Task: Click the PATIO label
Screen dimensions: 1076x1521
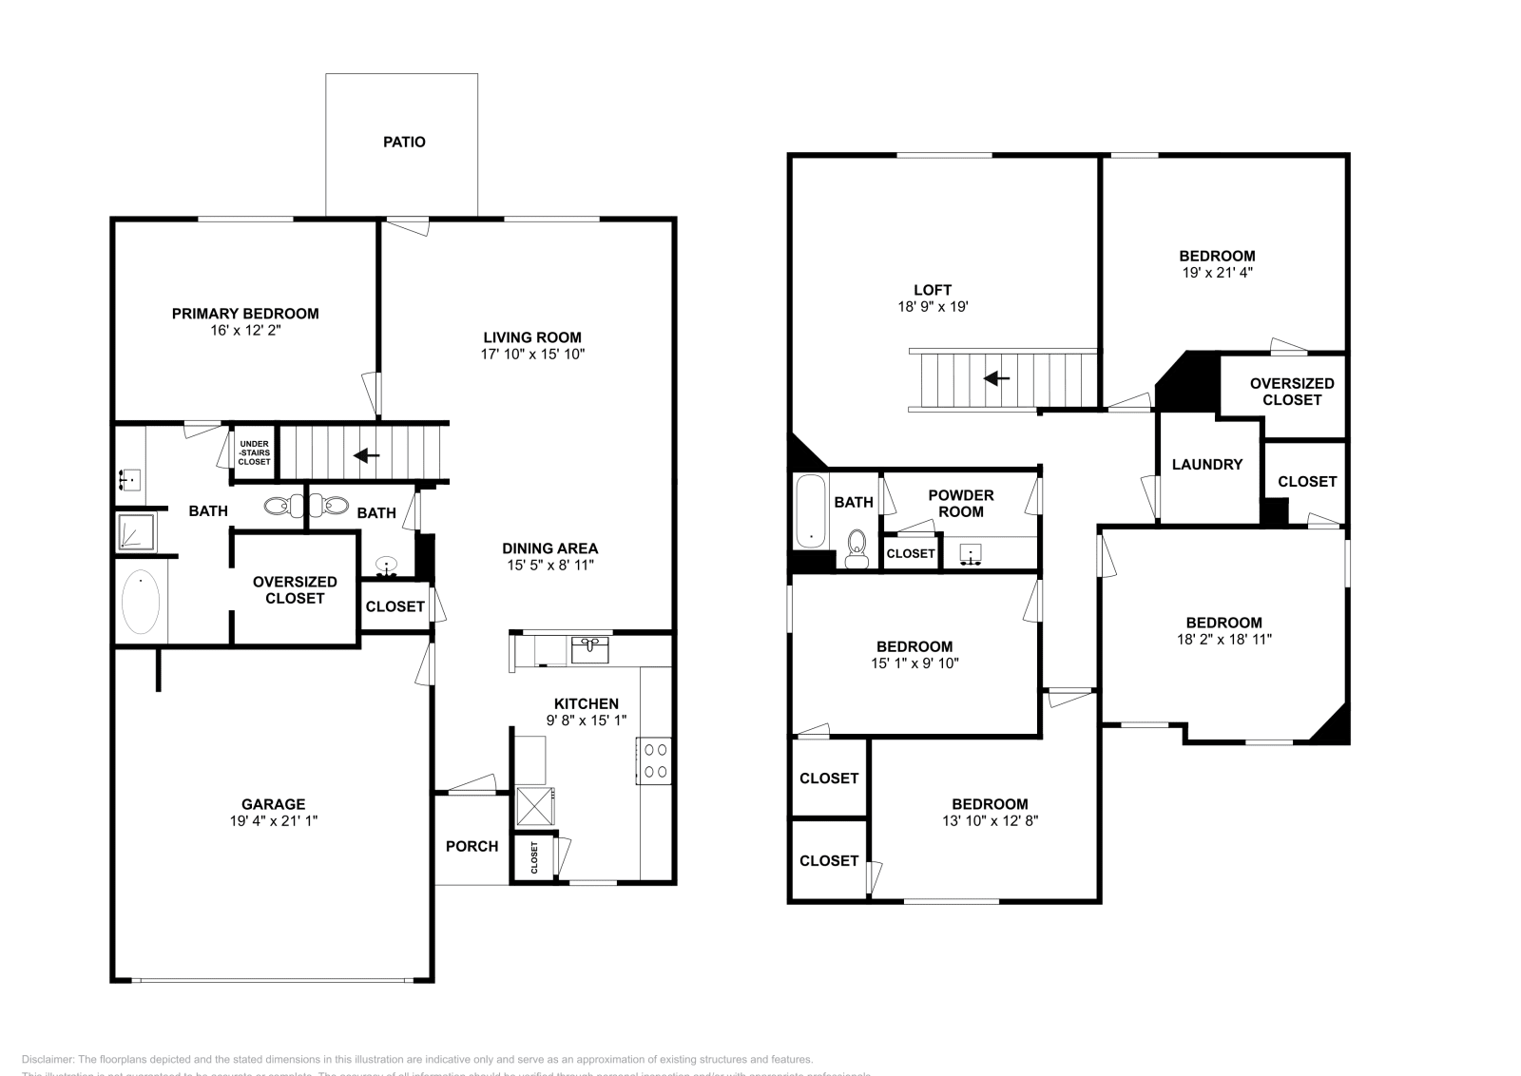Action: click(404, 143)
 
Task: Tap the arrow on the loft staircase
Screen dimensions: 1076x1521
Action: click(996, 378)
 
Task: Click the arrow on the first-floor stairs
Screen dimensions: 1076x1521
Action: click(367, 455)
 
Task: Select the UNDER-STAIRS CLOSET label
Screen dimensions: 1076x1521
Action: click(254, 452)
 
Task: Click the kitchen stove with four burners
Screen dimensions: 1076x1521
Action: click(654, 760)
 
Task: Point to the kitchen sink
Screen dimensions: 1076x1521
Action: click(590, 651)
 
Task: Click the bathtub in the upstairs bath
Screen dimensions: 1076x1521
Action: click(810, 511)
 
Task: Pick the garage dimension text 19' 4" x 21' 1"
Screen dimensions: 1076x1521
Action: click(272, 820)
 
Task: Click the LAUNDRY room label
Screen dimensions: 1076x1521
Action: click(1206, 465)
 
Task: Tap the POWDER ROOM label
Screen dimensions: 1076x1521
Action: click(960, 503)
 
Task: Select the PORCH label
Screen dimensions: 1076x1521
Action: click(472, 846)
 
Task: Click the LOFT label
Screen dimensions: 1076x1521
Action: click(932, 290)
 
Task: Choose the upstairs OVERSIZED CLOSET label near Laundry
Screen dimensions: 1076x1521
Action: click(1291, 392)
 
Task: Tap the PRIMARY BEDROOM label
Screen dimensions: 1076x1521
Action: click(244, 314)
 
